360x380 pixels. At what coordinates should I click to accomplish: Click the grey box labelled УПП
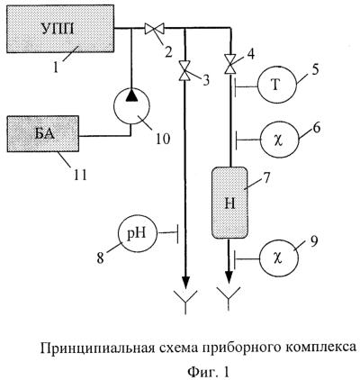coord(60,29)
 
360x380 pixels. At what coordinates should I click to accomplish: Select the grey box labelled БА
coord(43,134)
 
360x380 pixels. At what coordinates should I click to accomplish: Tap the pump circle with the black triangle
coord(131,105)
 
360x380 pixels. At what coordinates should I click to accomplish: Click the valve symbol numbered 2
coord(154,29)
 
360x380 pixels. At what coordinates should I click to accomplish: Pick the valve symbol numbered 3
coord(184,71)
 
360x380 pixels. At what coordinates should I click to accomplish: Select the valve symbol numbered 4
coord(230,64)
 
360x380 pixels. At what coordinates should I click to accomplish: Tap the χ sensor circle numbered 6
coord(280,139)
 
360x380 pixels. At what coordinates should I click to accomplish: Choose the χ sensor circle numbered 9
coord(279,258)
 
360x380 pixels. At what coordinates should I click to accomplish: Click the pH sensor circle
coord(138,233)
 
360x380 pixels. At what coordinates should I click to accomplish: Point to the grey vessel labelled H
coord(230,203)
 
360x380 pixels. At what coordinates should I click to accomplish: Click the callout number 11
coord(78,174)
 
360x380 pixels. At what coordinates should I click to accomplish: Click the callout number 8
coord(100,258)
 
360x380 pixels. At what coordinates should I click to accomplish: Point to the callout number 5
coord(314,69)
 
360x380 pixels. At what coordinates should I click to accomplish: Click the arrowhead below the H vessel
coord(229,276)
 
